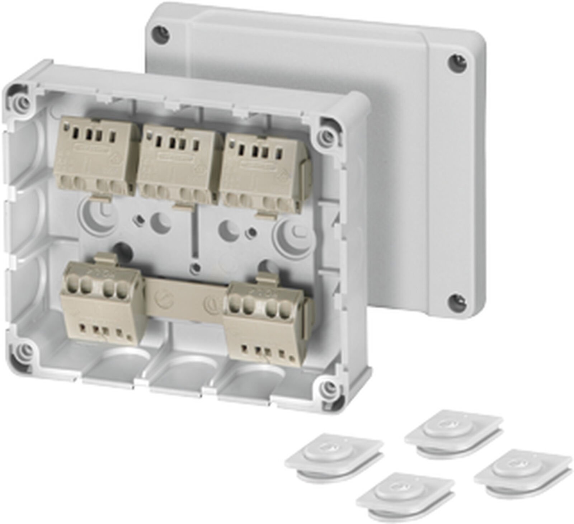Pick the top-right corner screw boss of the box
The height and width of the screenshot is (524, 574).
click(326, 135)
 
